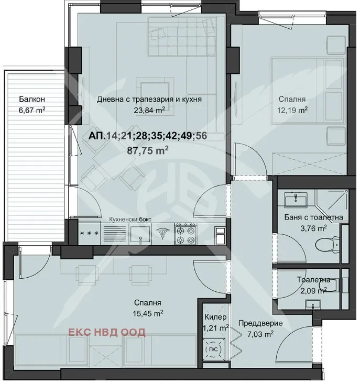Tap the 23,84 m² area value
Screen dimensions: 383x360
(x=149, y=110)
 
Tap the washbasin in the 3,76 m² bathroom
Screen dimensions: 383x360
(x=296, y=199)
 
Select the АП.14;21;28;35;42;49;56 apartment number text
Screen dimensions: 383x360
(x=141, y=136)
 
